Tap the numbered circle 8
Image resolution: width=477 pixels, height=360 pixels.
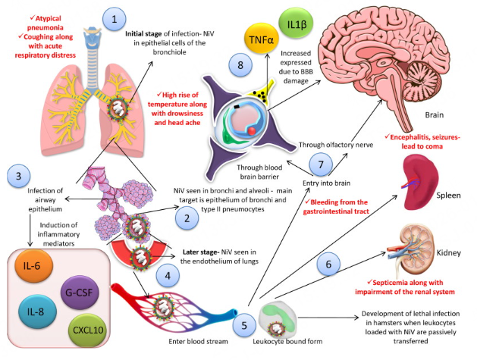(240, 66)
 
